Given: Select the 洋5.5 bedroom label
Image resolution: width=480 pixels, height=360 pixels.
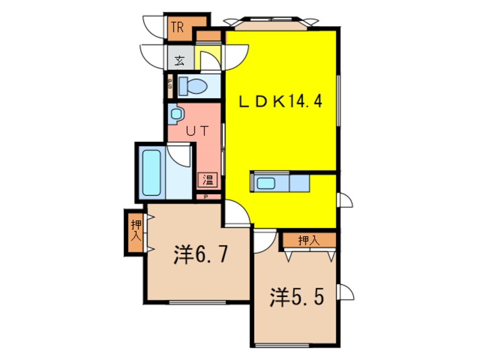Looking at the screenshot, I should click(x=297, y=296).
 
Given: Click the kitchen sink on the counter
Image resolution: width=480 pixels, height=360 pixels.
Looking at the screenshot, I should click(x=266, y=183).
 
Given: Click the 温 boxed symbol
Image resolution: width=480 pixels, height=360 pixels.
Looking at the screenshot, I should click(x=208, y=181).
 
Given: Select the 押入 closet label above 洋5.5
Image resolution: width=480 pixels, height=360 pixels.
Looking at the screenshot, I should click(x=309, y=240).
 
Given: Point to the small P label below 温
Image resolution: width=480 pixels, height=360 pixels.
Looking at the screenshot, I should click(x=207, y=197).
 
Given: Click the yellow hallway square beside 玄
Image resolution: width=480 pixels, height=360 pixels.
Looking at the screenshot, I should click(x=208, y=58).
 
